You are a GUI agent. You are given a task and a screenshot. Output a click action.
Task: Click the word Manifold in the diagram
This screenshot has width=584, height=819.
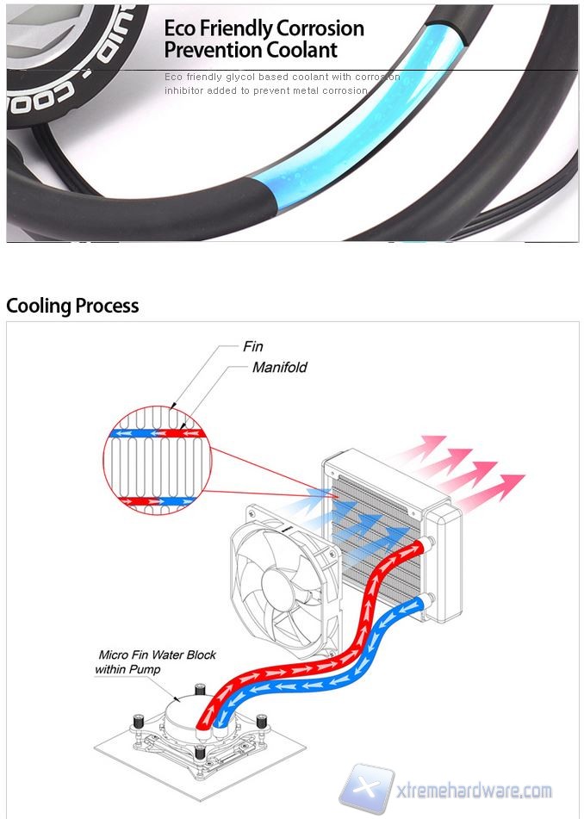279,368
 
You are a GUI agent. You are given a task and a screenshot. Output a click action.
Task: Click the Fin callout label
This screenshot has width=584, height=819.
252,347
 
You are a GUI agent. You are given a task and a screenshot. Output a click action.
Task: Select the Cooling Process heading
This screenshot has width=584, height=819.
72,306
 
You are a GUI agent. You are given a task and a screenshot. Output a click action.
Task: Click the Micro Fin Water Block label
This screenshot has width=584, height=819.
157,655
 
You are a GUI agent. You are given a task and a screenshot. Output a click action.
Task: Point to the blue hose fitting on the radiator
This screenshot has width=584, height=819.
421,599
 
